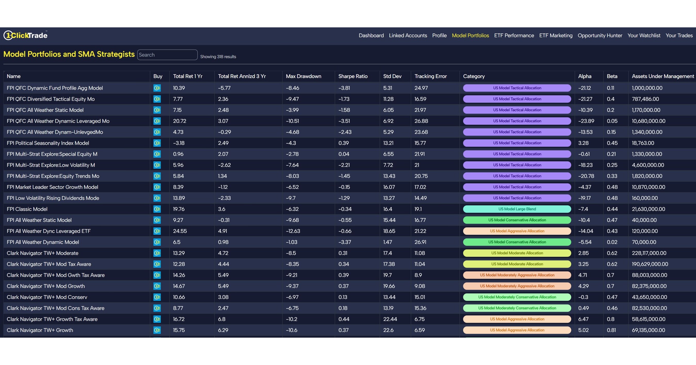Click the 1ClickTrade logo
click(x=25, y=35)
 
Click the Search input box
click(x=167, y=55)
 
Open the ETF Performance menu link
click(x=514, y=35)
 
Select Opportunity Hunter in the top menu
click(x=600, y=35)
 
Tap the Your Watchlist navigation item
click(x=644, y=35)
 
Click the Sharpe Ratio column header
click(x=353, y=76)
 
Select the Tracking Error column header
click(x=430, y=76)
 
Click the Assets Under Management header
click(x=662, y=76)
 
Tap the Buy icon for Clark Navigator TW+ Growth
click(x=157, y=330)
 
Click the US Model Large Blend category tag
click(x=517, y=209)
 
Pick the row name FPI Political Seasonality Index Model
click(x=48, y=143)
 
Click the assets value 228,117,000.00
click(x=649, y=253)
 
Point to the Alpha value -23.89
click(x=586, y=121)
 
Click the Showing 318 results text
click(x=218, y=57)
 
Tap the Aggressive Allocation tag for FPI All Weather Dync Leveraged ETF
click(x=517, y=231)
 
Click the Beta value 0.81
click(x=611, y=330)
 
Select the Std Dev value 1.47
click(x=387, y=242)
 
